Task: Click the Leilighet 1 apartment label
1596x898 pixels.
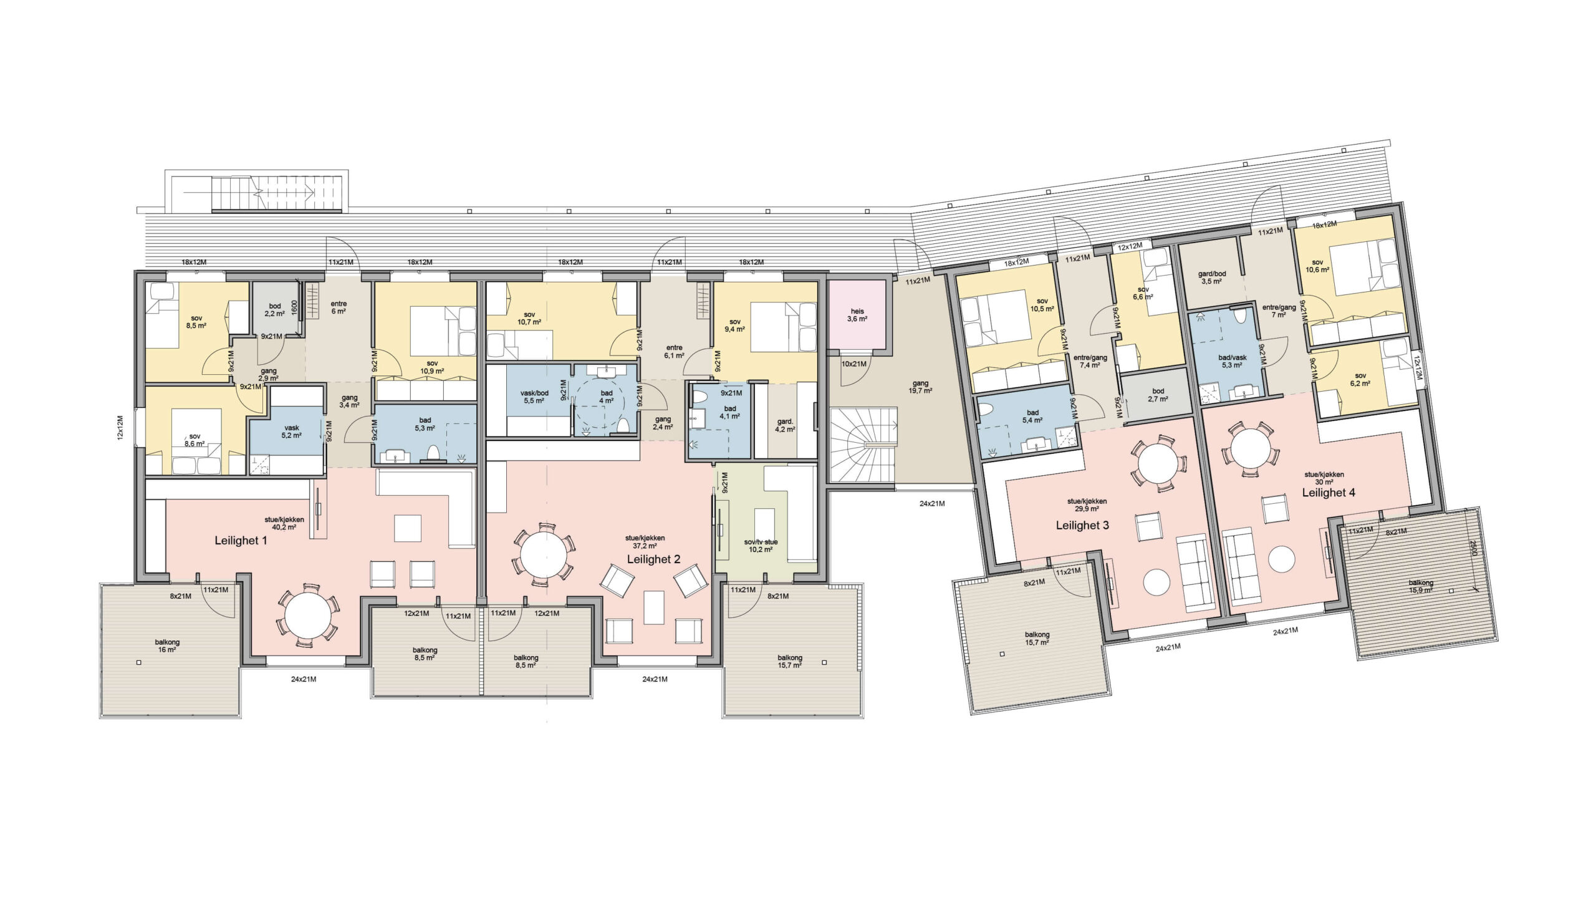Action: tap(241, 541)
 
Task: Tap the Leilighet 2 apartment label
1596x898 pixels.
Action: tap(653, 559)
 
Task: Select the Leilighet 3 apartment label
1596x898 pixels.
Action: tap(1082, 525)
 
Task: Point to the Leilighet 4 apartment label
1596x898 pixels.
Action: tap(1329, 492)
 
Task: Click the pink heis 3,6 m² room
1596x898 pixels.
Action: tap(857, 315)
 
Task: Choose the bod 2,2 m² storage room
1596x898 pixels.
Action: tap(275, 310)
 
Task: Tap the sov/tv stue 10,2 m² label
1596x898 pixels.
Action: tap(761, 546)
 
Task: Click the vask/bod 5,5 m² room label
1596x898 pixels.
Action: tap(534, 397)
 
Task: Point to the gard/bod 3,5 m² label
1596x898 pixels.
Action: tap(1212, 278)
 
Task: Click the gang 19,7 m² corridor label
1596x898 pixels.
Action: tap(920, 387)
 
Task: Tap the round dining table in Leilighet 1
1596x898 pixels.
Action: tap(308, 614)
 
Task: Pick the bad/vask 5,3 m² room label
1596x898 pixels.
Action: tap(1233, 362)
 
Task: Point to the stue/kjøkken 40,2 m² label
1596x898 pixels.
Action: tap(284, 523)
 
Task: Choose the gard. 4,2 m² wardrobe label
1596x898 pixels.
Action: tap(785, 425)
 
